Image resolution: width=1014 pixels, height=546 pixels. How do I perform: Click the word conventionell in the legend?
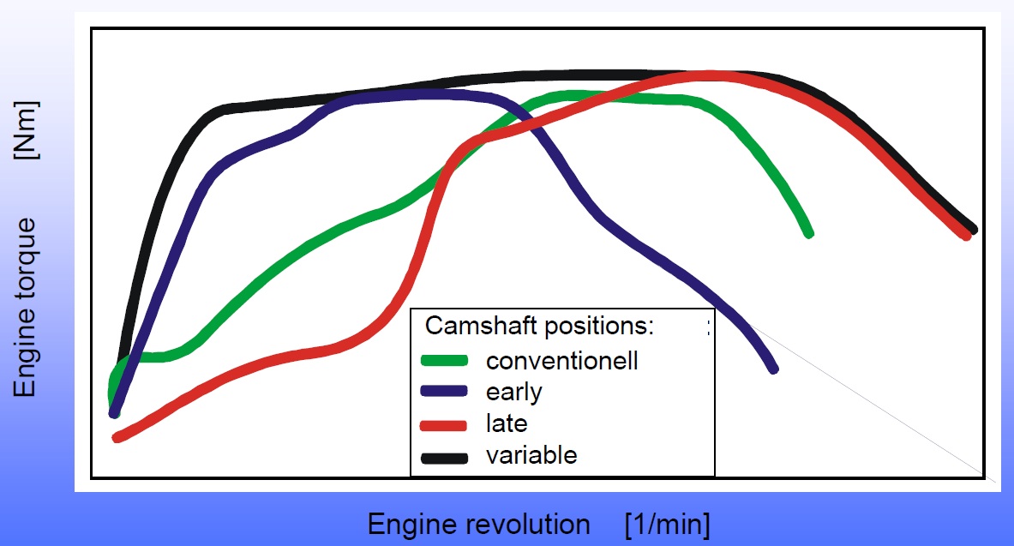(x=561, y=360)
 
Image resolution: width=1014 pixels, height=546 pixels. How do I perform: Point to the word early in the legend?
(x=514, y=392)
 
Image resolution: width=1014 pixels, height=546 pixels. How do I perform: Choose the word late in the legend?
(x=507, y=423)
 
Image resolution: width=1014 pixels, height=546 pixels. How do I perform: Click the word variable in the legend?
(x=531, y=455)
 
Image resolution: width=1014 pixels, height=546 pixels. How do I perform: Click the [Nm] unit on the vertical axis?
(x=27, y=129)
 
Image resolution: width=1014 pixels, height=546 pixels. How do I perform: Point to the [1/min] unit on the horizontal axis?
(x=667, y=524)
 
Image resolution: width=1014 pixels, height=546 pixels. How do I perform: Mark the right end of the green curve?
(x=808, y=232)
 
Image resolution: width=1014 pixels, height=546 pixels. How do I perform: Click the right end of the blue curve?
(x=773, y=369)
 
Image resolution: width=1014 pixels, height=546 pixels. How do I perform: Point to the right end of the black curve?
(x=973, y=228)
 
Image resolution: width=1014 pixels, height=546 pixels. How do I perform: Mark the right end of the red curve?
(x=966, y=236)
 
